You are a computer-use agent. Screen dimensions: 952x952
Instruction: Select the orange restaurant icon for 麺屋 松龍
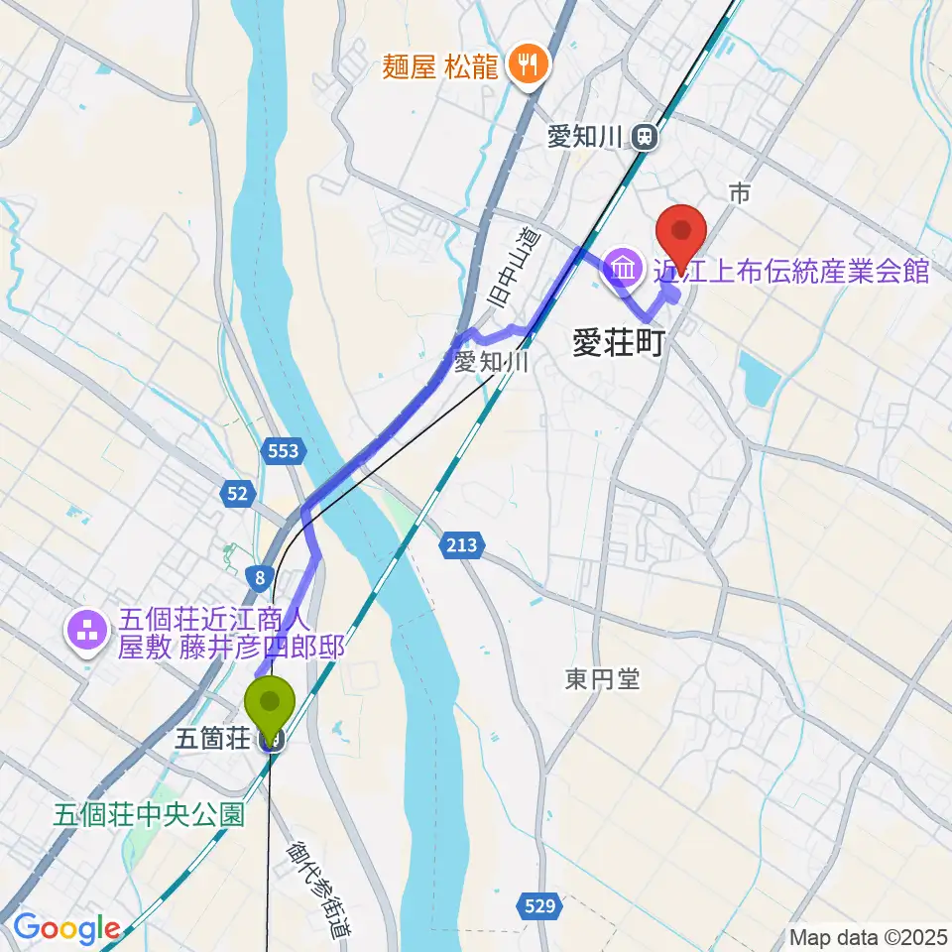[524, 65]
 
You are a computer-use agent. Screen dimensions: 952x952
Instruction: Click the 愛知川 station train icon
[646, 137]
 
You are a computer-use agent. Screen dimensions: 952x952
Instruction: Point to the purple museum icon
[624, 268]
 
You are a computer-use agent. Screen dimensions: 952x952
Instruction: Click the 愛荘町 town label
[617, 343]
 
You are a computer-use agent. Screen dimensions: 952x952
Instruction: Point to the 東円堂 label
[603, 679]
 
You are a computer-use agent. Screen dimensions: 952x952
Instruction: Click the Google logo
[66, 929]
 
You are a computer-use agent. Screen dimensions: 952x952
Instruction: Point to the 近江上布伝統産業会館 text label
[789, 269]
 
